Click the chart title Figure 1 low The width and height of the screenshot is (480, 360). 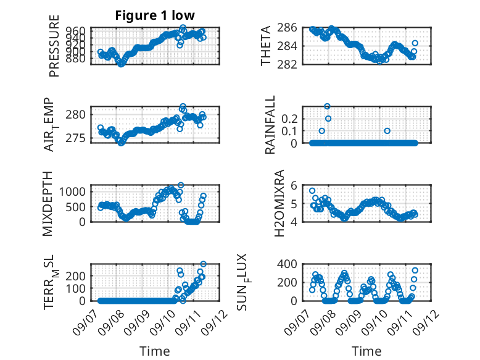tap(155, 15)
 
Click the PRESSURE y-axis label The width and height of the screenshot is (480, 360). tap(54, 46)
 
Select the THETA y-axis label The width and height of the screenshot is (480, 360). tap(266, 46)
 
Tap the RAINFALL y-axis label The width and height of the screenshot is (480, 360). tap(270, 125)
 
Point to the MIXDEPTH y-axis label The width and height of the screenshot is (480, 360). tap(48, 204)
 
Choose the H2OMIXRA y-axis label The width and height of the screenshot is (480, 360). tap(279, 203)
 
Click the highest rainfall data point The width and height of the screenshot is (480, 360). tap(327, 106)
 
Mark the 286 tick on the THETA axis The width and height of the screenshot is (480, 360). tap(287, 28)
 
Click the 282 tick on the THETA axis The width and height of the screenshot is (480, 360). tap(287, 65)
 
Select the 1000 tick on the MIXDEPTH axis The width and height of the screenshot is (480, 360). tap(72, 192)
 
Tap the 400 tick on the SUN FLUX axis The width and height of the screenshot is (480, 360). tap(287, 264)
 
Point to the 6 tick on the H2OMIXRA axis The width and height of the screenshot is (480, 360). tap(294, 185)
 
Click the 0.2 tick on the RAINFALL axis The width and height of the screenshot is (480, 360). tap(289, 119)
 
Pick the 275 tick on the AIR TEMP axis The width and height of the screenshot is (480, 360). tap(76, 138)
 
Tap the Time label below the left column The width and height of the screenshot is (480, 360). tap(155, 351)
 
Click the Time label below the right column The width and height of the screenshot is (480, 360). tap(366, 351)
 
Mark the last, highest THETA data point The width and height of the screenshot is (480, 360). tap(415, 43)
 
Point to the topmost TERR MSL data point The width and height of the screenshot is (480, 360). tap(203, 264)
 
